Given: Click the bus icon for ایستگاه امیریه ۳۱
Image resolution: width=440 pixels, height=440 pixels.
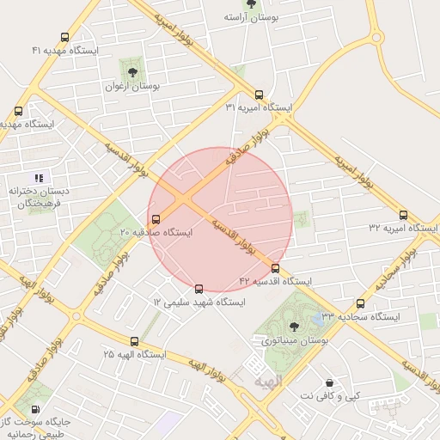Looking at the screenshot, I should click(x=259, y=95).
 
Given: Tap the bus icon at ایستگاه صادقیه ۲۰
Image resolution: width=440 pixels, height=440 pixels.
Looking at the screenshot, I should click(x=155, y=218).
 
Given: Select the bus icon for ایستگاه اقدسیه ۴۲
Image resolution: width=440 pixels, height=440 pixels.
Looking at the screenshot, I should click(x=275, y=268).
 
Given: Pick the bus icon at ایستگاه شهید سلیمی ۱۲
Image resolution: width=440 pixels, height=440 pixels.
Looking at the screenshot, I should click(x=199, y=289).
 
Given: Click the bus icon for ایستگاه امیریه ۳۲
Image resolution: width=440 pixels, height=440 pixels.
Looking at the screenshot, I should click(x=403, y=215).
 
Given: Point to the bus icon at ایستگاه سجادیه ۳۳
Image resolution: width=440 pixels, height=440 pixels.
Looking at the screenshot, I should click(x=360, y=303).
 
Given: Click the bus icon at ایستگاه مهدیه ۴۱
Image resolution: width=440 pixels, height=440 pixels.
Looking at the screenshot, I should click(x=65, y=38).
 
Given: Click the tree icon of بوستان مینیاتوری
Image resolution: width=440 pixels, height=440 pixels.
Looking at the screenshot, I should click(x=295, y=326).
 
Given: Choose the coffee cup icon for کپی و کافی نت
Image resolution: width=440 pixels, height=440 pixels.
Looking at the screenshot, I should click(x=329, y=382).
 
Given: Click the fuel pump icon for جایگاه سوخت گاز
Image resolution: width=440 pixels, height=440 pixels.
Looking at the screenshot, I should click(x=35, y=409).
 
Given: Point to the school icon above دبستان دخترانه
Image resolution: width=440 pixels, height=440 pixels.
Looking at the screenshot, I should click(x=38, y=177).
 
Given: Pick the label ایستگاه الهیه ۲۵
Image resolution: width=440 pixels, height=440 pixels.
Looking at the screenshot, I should click(x=135, y=354).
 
